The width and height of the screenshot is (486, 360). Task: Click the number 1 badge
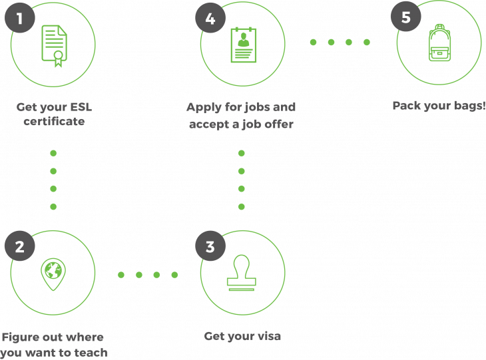(19, 19)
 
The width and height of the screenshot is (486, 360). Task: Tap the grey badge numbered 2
(19, 246)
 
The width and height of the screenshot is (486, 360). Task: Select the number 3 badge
(210, 246)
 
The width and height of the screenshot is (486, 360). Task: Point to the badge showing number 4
(210, 19)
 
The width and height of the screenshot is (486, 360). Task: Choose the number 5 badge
(405, 16)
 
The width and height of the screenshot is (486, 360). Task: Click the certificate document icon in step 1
(53, 45)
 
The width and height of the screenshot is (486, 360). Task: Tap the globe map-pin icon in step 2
(53, 273)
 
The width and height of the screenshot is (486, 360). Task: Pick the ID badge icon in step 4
(243, 45)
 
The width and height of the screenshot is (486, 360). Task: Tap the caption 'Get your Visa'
(243, 336)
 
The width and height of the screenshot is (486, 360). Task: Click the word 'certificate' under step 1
(53, 122)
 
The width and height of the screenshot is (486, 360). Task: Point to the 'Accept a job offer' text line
(240, 124)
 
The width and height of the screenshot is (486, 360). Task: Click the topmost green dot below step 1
(53, 153)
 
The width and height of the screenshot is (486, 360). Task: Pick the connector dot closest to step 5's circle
(367, 42)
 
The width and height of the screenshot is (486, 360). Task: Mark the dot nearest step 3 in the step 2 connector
(174, 275)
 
